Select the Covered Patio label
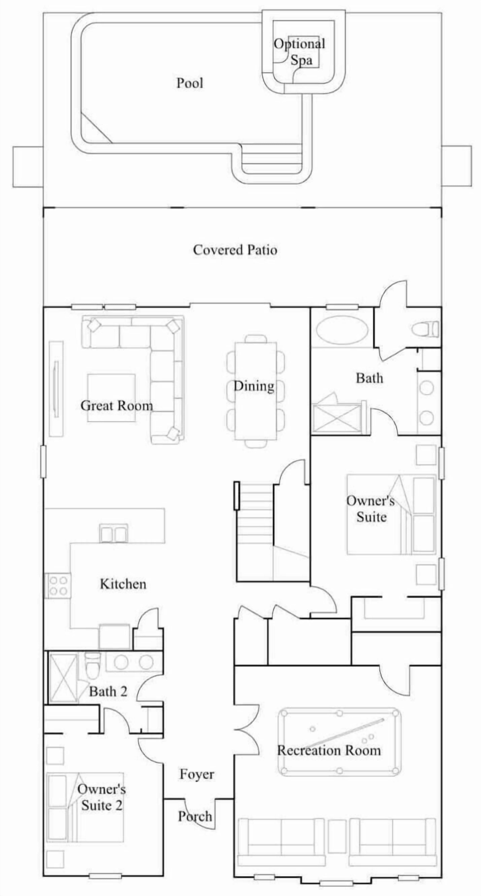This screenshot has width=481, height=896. click(x=235, y=250)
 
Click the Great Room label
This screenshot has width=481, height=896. click(x=116, y=406)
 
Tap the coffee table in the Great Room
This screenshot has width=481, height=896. click(x=111, y=398)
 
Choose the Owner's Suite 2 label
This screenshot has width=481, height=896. click(x=102, y=798)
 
